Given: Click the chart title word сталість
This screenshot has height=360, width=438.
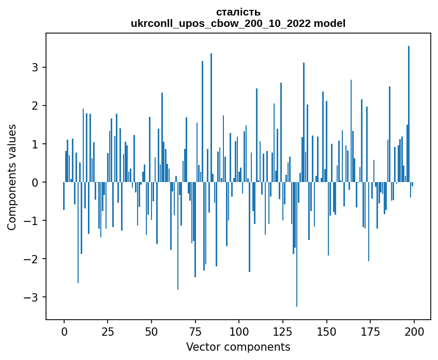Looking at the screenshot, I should (238, 12).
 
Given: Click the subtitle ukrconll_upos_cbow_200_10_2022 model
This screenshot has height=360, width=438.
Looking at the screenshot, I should (238, 23).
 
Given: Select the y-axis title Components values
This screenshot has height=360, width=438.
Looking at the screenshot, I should (11, 177).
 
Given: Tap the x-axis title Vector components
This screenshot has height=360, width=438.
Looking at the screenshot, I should (238, 347).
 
